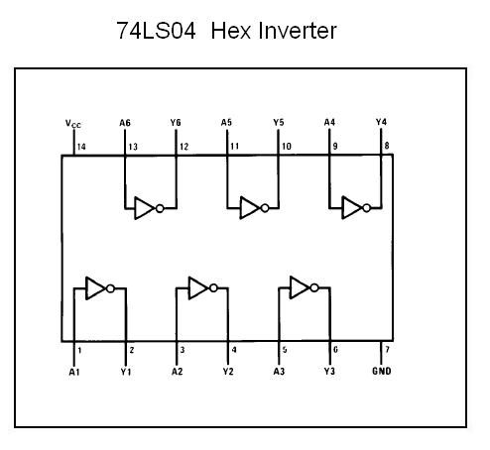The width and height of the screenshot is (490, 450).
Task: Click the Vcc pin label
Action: [73, 124]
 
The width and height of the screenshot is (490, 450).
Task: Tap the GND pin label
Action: [382, 371]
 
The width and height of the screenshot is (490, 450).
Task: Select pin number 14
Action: [81, 147]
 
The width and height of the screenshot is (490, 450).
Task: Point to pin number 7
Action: [388, 349]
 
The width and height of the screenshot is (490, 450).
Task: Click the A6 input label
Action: [125, 123]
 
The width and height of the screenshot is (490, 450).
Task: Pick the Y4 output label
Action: [381, 122]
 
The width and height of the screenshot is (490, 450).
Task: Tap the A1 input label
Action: [74, 372]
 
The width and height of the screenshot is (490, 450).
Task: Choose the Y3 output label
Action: [329, 371]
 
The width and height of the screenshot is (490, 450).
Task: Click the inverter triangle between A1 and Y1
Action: [95, 288]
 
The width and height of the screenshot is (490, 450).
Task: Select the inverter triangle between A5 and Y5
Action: [250, 208]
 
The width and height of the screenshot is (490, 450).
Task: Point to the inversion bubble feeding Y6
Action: [160, 208]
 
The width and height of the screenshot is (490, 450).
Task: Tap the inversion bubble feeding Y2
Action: [213, 288]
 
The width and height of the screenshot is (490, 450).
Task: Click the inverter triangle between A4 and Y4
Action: [351, 207]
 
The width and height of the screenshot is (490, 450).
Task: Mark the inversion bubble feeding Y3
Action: [314, 287]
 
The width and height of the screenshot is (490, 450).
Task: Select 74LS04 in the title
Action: [156, 31]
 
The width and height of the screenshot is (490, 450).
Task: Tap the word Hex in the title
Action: [231, 31]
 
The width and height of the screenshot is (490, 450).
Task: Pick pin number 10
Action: [287, 146]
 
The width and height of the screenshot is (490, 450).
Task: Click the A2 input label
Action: [177, 372]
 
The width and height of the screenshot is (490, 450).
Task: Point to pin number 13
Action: [133, 147]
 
